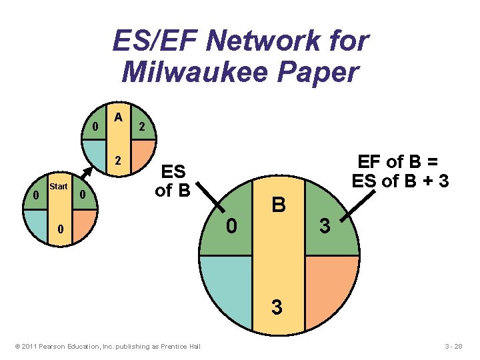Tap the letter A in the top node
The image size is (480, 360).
[118, 117]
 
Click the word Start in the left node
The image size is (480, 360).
[59, 187]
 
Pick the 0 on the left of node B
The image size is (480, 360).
[231, 227]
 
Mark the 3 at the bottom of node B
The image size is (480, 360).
[277, 308]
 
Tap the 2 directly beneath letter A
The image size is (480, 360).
[118, 161]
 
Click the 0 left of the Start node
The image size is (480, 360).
[35, 195]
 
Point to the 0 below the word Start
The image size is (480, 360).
[59, 229]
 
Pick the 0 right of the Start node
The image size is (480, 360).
[82, 195]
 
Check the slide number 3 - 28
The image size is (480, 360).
[458, 346]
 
